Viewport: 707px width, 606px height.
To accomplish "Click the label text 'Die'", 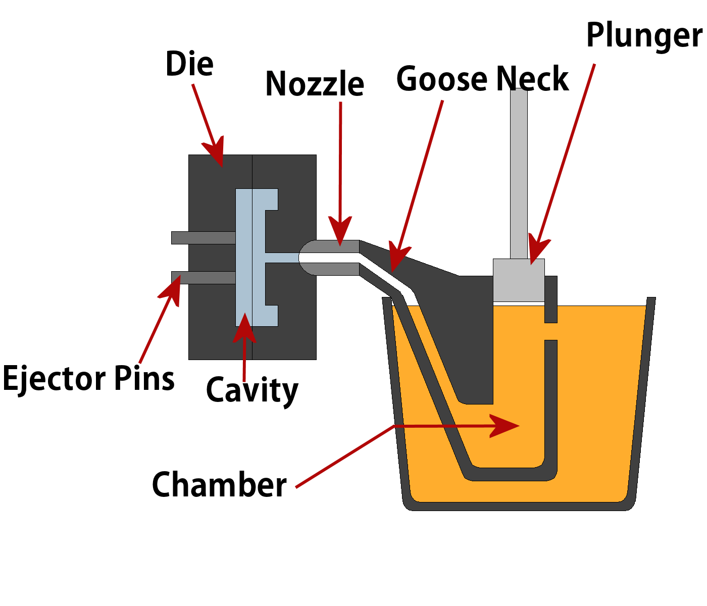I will [189, 64].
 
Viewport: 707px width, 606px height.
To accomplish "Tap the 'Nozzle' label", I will [314, 84].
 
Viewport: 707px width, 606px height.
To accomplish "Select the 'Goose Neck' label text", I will [482, 79].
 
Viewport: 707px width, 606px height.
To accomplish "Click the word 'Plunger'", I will [644, 36].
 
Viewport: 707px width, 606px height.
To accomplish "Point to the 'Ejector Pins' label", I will [88, 379].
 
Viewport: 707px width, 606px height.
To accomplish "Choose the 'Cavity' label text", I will [252, 390].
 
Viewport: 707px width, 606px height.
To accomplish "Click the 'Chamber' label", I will [219, 485].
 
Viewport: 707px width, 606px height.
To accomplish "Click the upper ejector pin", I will [203, 238].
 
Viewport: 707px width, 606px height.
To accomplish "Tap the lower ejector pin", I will [203, 278].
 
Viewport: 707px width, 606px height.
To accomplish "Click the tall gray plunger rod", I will [519, 172].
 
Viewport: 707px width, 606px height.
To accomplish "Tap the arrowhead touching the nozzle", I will [340, 231].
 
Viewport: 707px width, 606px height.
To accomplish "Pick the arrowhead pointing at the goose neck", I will [398, 258].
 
